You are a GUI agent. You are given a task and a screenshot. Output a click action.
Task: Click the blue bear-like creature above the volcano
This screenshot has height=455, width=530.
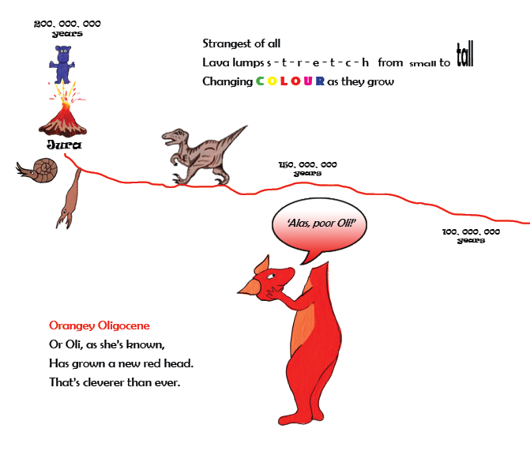(x=62, y=64)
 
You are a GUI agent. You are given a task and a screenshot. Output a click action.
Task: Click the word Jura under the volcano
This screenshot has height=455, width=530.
(x=64, y=145)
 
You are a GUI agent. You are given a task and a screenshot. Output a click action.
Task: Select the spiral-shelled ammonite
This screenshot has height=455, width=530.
(x=37, y=171)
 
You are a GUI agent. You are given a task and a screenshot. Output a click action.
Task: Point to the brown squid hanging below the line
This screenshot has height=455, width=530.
(x=70, y=199)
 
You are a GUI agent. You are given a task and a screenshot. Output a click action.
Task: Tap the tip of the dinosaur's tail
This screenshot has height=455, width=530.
(x=247, y=126)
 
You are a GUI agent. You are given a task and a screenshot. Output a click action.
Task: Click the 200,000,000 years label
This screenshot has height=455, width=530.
(x=67, y=28)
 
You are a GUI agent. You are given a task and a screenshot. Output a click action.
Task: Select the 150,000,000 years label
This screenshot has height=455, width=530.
(x=307, y=168)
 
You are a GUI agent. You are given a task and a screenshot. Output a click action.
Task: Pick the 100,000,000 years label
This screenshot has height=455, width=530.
(x=471, y=235)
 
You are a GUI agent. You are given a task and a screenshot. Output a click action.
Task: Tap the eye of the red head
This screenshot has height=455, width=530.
(x=271, y=276)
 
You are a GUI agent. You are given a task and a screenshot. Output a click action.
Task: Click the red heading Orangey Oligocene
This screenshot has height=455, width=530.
(x=100, y=325)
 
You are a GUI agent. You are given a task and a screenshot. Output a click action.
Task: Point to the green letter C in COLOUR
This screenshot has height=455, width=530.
(x=260, y=81)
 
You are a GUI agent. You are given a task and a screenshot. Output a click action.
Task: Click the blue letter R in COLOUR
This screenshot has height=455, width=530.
(x=320, y=81)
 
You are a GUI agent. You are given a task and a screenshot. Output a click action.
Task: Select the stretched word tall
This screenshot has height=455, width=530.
(x=464, y=54)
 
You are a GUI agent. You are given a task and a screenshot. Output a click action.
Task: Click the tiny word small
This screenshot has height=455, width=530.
(x=423, y=63)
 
